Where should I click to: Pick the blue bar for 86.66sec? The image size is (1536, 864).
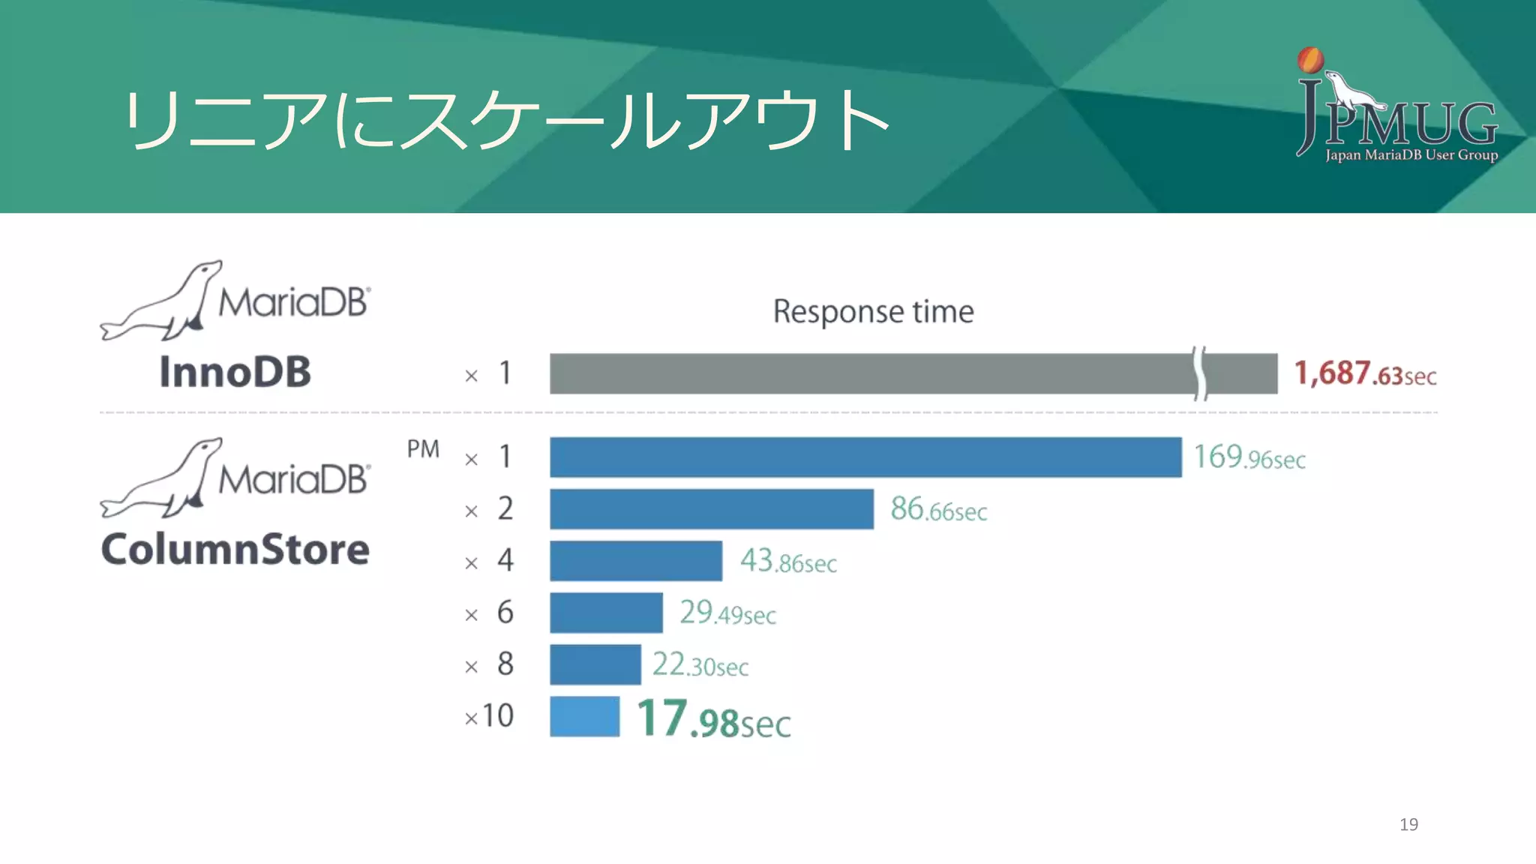coord(711,509)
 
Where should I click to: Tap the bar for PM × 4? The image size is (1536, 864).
coord(635,561)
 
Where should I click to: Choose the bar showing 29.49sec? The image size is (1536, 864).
coord(606,613)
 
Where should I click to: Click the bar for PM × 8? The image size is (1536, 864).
coord(595,664)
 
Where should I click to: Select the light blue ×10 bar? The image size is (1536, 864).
coord(584,716)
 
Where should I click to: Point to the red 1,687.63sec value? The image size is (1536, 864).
coord(1365,373)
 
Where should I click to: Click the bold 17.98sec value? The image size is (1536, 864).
coord(713,719)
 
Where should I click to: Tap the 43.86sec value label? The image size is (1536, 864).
coord(788,561)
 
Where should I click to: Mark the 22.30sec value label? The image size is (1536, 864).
coord(700,665)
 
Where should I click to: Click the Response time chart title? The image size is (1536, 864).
coord(873,311)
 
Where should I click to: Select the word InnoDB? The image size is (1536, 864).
coord(235,372)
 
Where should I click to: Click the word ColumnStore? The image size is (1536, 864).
coord(235,549)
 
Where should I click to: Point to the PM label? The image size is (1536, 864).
coord(423,449)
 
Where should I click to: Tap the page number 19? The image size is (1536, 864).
coord(1408,824)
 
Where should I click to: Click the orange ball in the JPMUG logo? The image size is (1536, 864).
coord(1310,60)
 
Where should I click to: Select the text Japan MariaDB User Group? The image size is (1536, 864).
coord(1411,155)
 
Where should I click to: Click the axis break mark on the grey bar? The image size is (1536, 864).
coord(1200,373)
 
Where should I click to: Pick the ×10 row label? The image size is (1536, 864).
coord(489,716)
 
